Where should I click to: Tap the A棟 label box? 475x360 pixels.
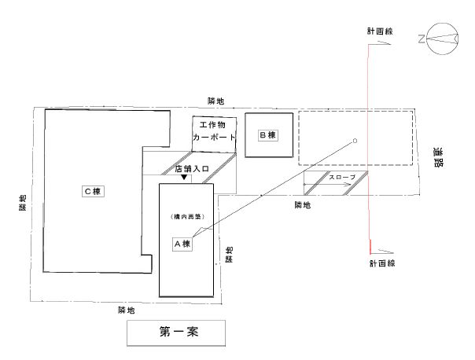click(x=183, y=244)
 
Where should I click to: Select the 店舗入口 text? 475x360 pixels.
click(x=192, y=168)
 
